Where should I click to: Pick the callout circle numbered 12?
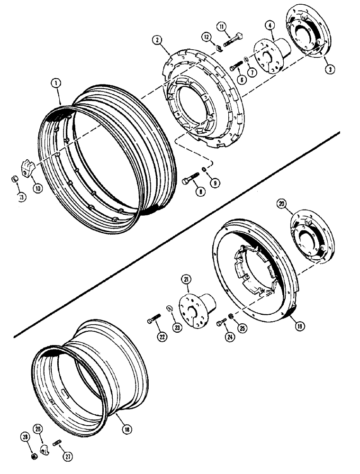[207, 36]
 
